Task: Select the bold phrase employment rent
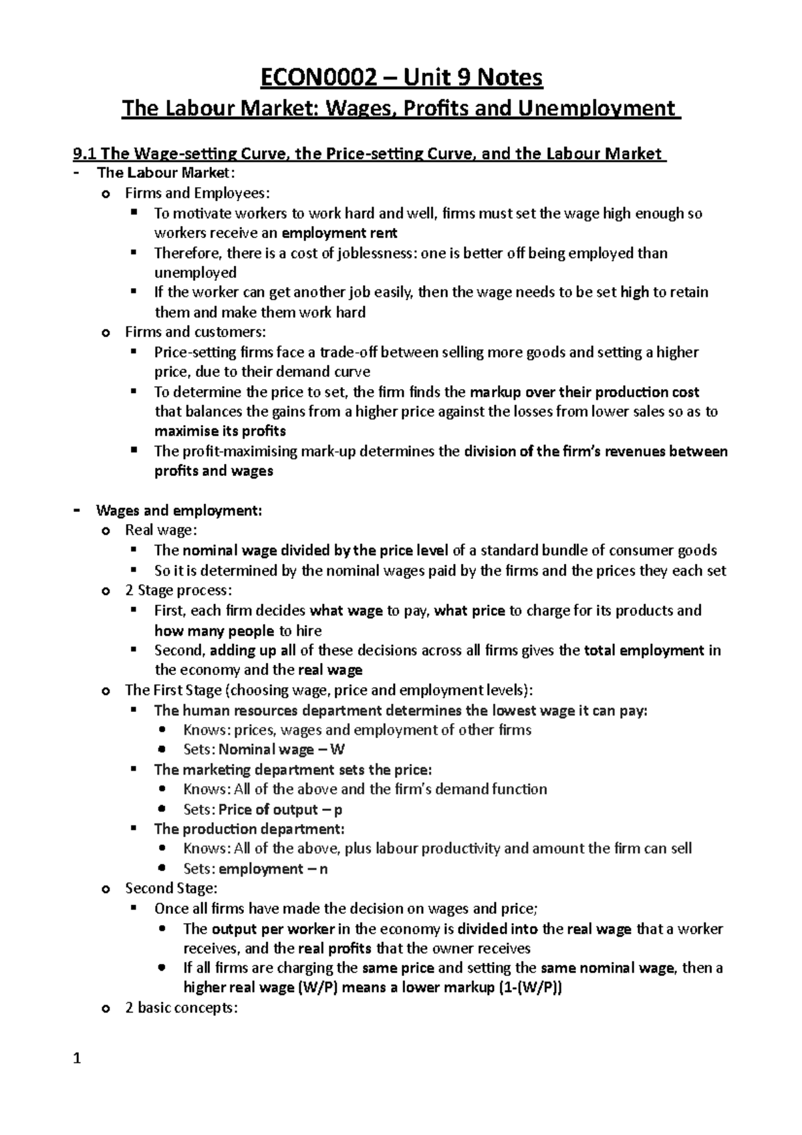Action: click(340, 233)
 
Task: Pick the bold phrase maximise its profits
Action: click(220, 431)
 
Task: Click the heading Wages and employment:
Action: click(179, 511)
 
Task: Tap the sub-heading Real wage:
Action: click(161, 531)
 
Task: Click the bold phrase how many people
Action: click(214, 631)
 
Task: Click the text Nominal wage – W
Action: click(281, 750)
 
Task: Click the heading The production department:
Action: click(249, 829)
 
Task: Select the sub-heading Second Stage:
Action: click(171, 888)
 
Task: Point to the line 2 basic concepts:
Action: click(181, 1008)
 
